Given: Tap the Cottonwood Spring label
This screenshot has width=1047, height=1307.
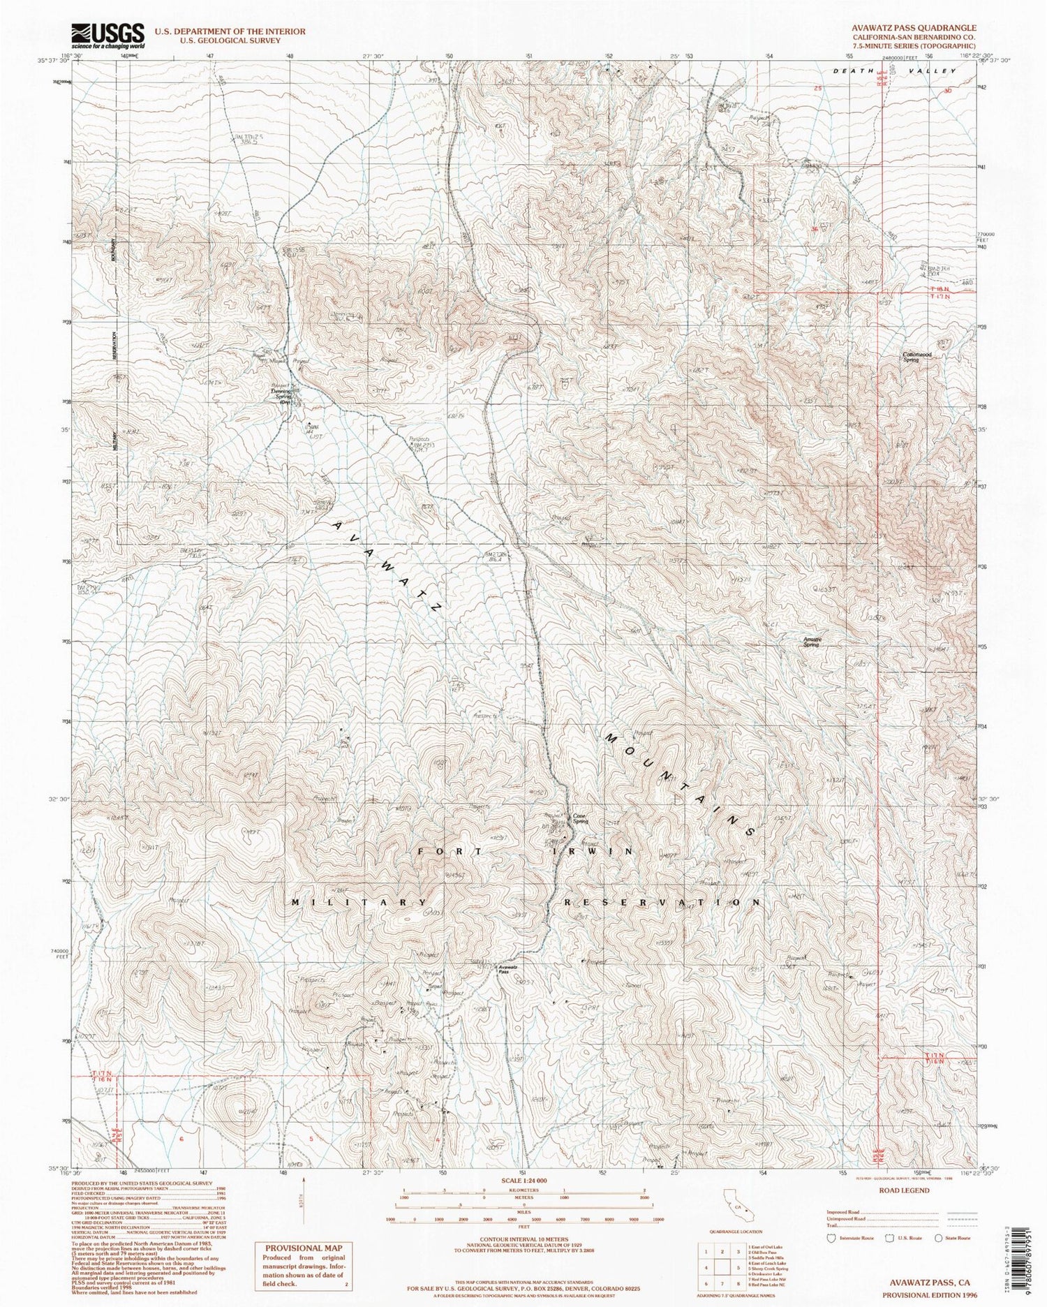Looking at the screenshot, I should coord(918,357).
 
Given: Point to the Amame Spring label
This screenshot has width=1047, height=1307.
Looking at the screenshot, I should coord(810,643).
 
